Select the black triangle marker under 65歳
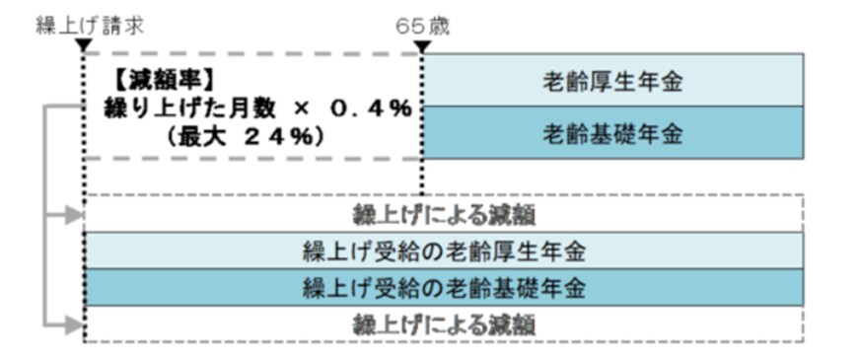422,44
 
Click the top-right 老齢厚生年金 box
612,81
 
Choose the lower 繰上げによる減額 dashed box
444,323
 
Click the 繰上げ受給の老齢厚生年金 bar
444,250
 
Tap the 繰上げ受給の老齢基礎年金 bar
444,287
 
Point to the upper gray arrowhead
72,212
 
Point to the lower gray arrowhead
72,323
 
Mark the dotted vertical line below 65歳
422,178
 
